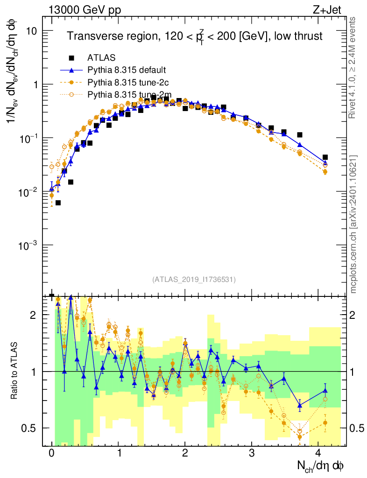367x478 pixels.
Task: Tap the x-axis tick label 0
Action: tap(51, 453)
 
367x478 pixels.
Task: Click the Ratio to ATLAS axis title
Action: tap(14, 371)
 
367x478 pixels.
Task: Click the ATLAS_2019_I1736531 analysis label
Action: tap(194, 280)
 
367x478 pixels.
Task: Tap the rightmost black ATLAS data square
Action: tap(325, 157)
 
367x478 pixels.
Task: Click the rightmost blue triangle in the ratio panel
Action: tap(325, 390)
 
